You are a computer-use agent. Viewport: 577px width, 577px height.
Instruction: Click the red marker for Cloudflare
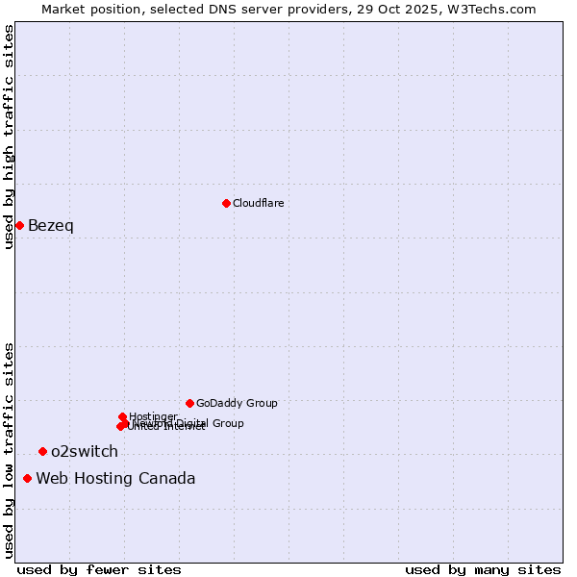(226, 203)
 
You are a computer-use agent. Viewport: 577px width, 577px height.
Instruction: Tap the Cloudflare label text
(259, 203)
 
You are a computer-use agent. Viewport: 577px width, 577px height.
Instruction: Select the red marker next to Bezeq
(19, 225)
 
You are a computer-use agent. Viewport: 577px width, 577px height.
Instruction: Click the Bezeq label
(51, 226)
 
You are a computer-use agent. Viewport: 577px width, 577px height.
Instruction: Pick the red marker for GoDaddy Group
(189, 403)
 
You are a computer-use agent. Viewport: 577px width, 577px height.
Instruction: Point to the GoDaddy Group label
(237, 403)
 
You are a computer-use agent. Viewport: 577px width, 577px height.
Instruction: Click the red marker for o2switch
(42, 451)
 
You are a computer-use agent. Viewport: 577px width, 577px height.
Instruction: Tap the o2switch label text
(85, 452)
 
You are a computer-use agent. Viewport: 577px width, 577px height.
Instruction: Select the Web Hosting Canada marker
(27, 478)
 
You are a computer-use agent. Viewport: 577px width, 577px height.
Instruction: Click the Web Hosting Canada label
(115, 479)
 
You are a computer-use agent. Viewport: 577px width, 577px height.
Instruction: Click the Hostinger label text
(153, 416)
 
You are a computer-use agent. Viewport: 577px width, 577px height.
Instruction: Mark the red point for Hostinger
(122, 416)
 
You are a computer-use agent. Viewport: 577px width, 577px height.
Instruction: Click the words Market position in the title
(88, 9)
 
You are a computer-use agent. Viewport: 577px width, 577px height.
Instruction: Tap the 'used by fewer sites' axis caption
(99, 569)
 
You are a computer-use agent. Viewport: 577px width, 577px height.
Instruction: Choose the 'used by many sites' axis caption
(483, 569)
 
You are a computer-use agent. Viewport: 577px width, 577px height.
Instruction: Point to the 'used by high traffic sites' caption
(9, 138)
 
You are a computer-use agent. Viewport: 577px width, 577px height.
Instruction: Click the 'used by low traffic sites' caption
(9, 449)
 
